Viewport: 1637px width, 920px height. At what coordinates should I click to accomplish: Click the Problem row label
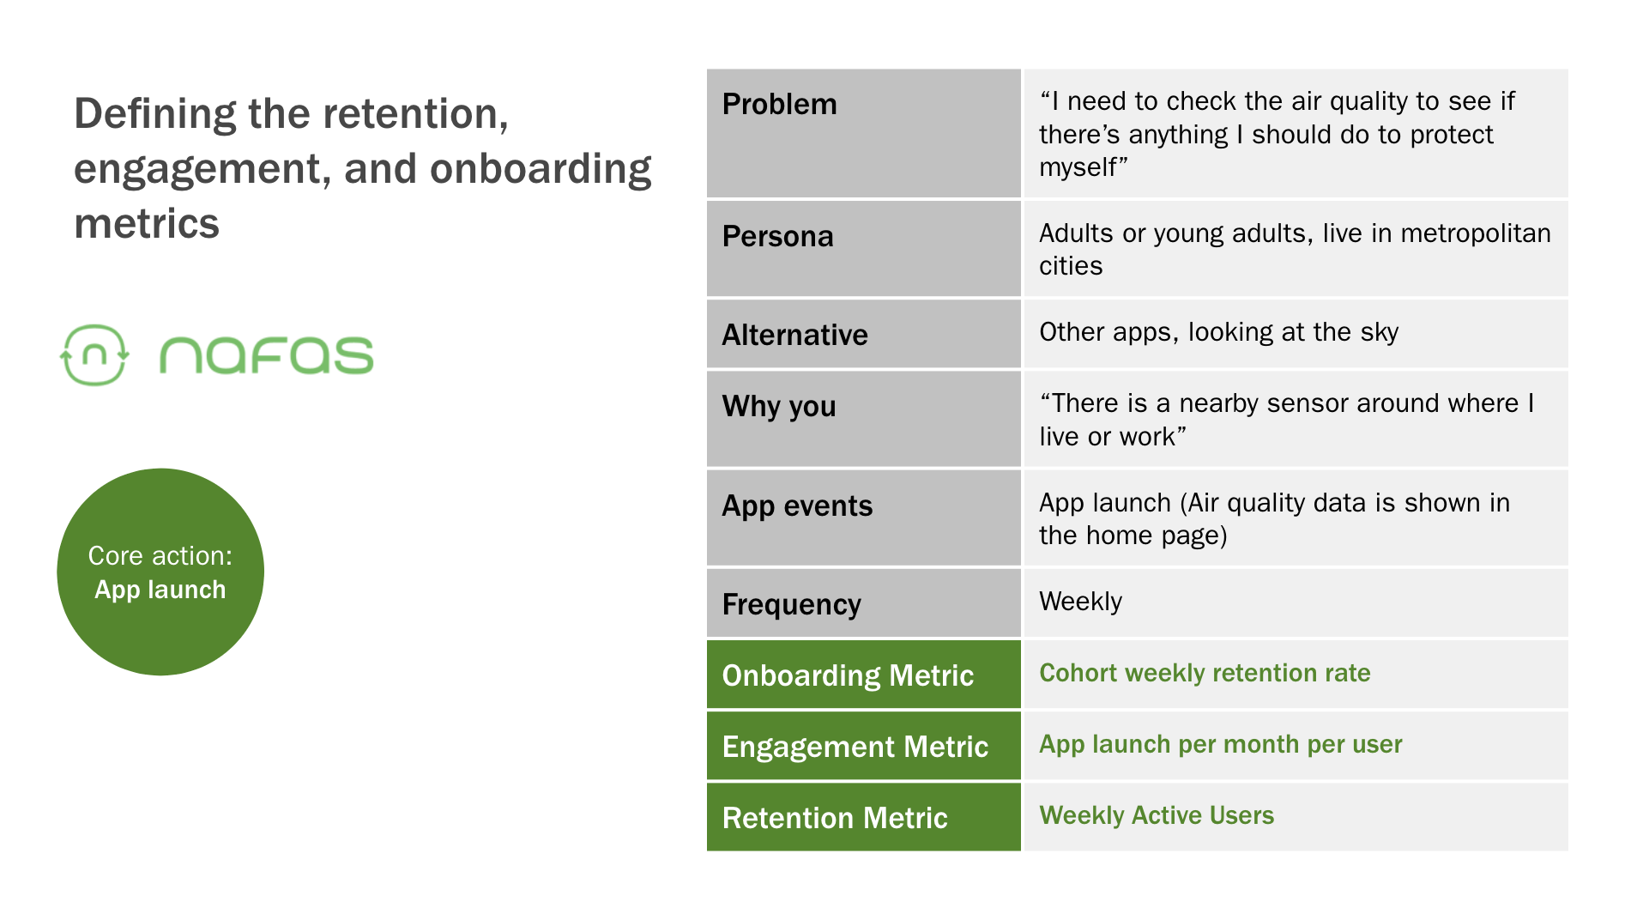pos(779,104)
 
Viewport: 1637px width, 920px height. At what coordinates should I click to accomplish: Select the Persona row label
pos(777,236)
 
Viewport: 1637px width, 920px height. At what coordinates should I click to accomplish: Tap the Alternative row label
pos(794,335)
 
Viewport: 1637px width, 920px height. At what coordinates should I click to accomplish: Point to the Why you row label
pos(779,407)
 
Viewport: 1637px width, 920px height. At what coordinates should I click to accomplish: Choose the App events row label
pos(797,506)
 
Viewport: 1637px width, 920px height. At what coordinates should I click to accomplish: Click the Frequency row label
pos(791,605)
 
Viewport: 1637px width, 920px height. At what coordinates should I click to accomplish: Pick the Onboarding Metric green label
pos(848,676)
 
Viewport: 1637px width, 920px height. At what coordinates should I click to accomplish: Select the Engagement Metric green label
pos(855,747)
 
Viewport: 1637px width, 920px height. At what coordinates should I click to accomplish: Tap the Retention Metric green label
pos(835,818)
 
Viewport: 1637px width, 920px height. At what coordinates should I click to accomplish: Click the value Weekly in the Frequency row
pos(1080,602)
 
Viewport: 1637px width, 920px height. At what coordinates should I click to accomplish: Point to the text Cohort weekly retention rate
pos(1205,673)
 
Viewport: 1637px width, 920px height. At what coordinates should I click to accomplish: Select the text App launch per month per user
pos(1221,744)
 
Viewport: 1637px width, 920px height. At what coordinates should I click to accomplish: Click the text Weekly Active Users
pos(1157,815)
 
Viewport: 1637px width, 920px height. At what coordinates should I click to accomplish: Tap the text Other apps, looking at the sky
pos(1218,332)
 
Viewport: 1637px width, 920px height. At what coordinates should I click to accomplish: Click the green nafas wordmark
pos(266,355)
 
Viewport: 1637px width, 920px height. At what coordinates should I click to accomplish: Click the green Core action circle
pos(160,572)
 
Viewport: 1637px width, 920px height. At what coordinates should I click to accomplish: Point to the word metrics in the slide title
pos(147,224)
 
